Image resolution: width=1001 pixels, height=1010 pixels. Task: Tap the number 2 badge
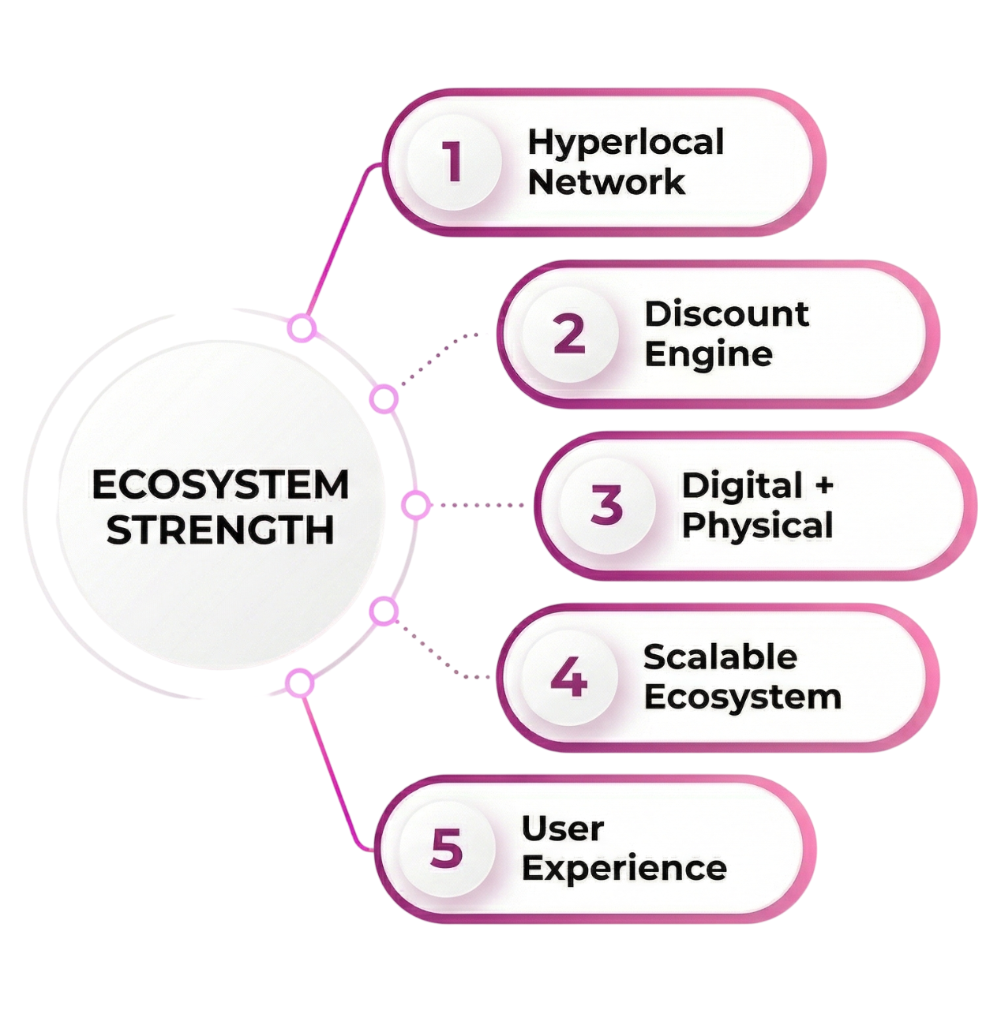pos(569,334)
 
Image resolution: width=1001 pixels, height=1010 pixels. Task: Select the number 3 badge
pos(606,505)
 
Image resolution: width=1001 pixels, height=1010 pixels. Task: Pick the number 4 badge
pos(569,677)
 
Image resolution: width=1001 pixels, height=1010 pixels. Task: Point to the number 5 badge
pos(447,848)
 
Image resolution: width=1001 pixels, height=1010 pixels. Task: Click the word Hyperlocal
pos(625,144)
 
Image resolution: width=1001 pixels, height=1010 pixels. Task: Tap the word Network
pos(605,182)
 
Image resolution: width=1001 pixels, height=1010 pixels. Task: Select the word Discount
pos(726,314)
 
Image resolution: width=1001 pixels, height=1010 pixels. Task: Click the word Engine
pos(708,354)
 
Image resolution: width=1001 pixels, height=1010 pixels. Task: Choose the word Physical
pos(757,526)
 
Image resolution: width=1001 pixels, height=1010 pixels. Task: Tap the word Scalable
pos(720,657)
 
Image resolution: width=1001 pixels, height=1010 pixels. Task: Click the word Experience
pos(624,868)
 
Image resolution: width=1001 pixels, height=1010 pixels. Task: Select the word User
pos(562,829)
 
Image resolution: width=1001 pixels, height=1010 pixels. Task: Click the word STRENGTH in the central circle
pos(220,530)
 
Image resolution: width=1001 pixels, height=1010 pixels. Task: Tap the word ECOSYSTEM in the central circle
pos(220,485)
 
